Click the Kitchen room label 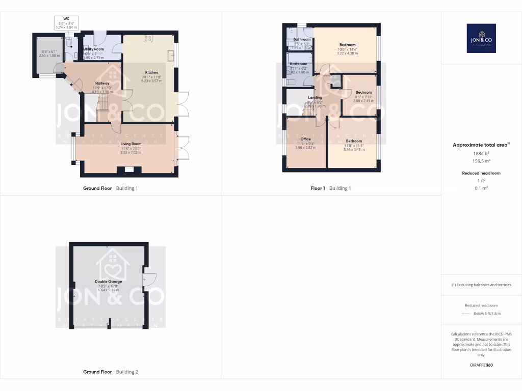click(x=151, y=73)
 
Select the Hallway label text click(x=102, y=83)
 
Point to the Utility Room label click(x=94, y=49)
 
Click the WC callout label click(x=66, y=19)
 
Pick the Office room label click(x=305, y=139)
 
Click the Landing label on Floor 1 click(x=315, y=97)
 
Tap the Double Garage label click(x=108, y=281)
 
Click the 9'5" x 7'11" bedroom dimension click(x=363, y=97)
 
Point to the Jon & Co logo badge click(x=481, y=38)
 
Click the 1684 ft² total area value click(x=481, y=153)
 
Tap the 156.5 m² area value click(x=481, y=161)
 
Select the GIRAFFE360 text click(x=481, y=365)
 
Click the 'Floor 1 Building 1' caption click(x=331, y=188)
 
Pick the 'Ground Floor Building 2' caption click(x=111, y=372)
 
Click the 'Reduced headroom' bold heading click(x=481, y=173)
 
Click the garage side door click(x=148, y=279)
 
